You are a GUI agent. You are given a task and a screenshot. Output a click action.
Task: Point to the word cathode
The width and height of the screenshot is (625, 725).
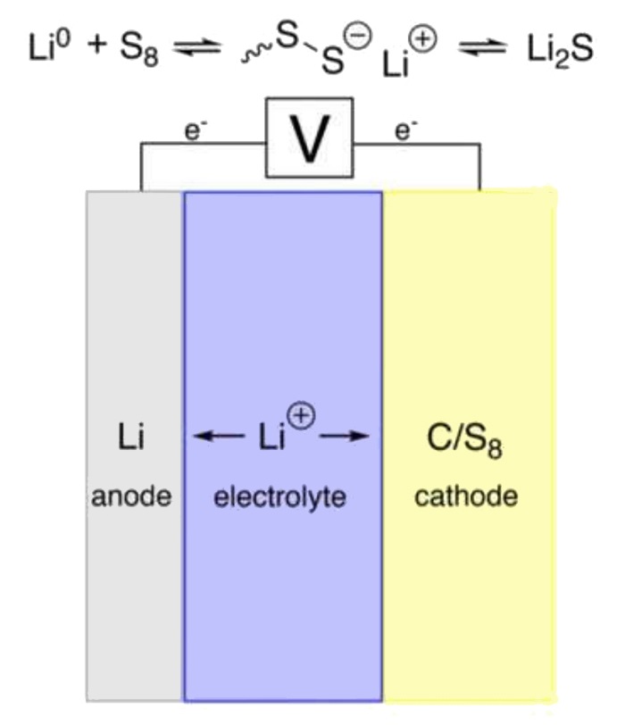(x=465, y=496)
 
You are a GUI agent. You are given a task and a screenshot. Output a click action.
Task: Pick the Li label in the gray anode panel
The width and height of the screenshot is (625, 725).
(x=130, y=437)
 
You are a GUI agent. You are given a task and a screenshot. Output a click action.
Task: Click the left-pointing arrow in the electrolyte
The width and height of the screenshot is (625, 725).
(x=220, y=437)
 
